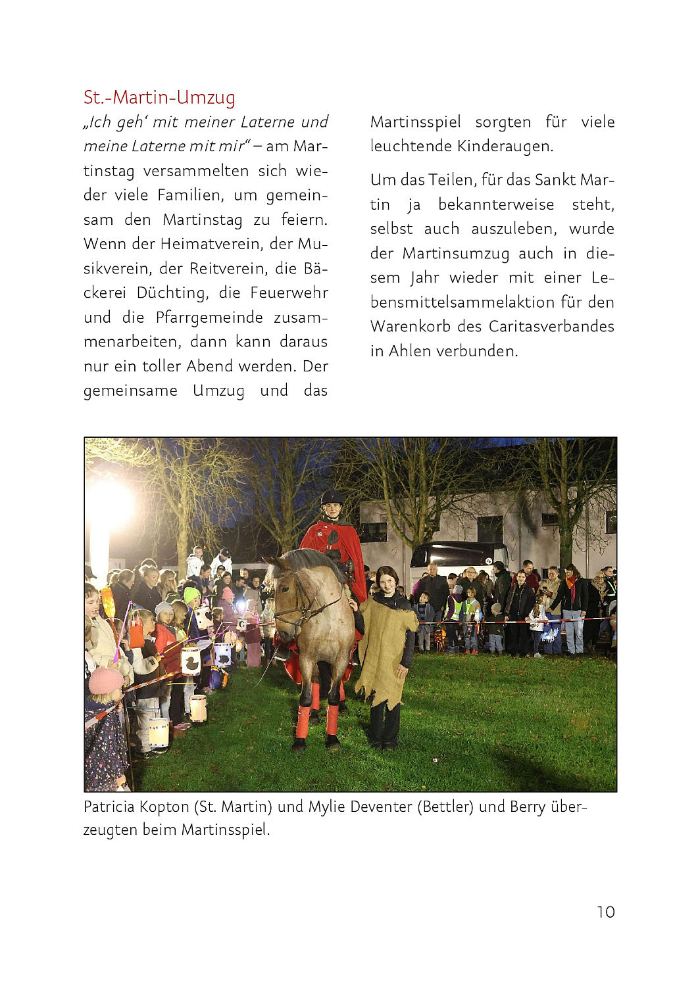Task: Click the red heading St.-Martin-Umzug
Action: pyautogui.click(x=159, y=97)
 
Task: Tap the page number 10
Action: pyautogui.click(x=605, y=912)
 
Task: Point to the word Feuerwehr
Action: pyautogui.click(x=289, y=293)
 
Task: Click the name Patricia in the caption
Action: pyautogui.click(x=109, y=807)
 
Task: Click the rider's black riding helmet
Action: pyautogui.click(x=332, y=497)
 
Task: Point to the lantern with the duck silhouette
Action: pyautogui.click(x=191, y=661)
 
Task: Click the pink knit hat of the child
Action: pyautogui.click(x=105, y=680)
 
